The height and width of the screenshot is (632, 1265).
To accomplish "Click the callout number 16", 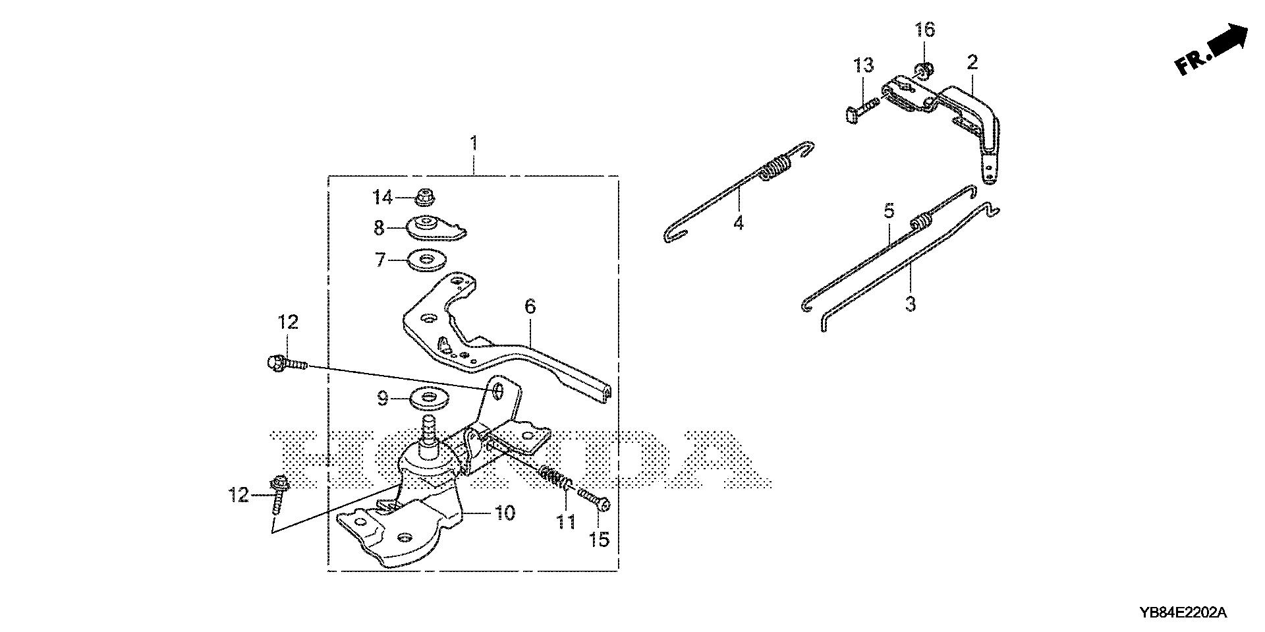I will [924, 30].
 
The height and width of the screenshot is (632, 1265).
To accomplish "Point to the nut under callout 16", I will [922, 69].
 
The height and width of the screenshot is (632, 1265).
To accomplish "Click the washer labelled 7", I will [426, 260].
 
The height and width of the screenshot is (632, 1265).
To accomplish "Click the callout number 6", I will [530, 306].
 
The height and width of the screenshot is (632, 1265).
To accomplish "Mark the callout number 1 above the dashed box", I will [473, 142].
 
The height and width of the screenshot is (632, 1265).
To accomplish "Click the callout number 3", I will [911, 304].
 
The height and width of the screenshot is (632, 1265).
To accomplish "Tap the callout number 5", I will [889, 211].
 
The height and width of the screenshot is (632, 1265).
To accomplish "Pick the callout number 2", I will [972, 63].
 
